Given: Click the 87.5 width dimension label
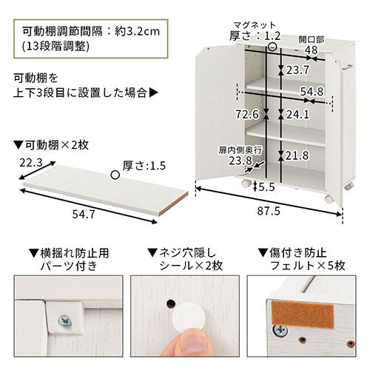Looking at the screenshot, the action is (269, 211).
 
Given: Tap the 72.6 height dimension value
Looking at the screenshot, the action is (247, 114).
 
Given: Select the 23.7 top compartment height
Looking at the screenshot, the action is (297, 70).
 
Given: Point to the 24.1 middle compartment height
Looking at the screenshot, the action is (297, 115).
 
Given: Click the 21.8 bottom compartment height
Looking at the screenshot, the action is (297, 155).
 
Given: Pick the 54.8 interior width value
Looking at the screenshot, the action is (312, 92).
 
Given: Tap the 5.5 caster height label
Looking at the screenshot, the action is (266, 187).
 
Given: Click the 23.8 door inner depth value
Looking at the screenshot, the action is (240, 161).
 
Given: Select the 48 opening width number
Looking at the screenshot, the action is (311, 50).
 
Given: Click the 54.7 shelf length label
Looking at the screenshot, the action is (84, 214).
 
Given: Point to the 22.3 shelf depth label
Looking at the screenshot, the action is (31, 163).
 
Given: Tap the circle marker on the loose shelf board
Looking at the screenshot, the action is (115, 175).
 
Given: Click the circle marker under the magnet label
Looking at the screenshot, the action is (272, 47).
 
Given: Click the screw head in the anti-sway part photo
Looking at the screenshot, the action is (65, 321).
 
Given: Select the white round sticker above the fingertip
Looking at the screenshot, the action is (189, 317).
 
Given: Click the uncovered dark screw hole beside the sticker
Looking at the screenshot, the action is (171, 304).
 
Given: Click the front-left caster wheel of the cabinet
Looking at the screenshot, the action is (246, 184).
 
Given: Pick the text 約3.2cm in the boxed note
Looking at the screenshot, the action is (137, 32).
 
